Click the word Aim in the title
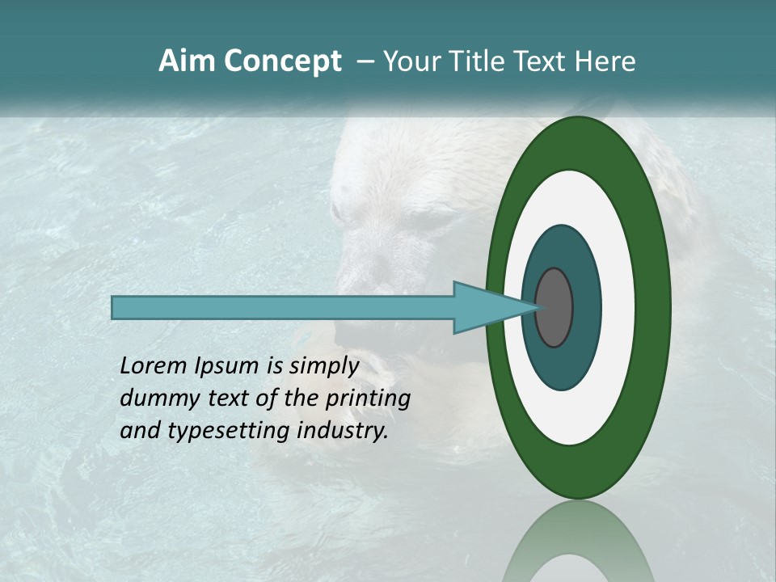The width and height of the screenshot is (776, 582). (x=188, y=61)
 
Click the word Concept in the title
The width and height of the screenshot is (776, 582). (x=282, y=61)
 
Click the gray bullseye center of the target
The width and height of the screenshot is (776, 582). (x=554, y=308)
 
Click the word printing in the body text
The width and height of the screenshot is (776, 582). (x=368, y=399)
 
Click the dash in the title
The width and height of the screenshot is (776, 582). (x=365, y=61)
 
